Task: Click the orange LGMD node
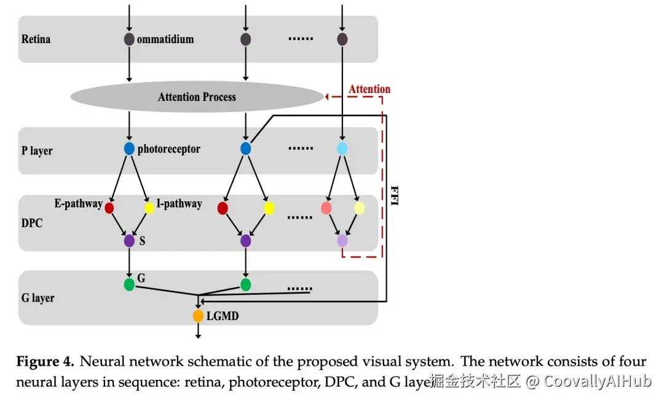tap(198, 316)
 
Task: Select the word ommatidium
tap(165, 39)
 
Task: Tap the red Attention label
tap(370, 89)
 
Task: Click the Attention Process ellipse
tap(197, 97)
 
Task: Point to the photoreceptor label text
tap(168, 149)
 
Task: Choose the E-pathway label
tap(78, 204)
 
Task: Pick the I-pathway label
tap(179, 204)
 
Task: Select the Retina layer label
tap(36, 39)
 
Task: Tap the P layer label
tap(38, 151)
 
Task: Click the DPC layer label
tap(33, 223)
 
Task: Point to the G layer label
tap(38, 298)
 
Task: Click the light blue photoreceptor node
tap(342, 148)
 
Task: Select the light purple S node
tap(342, 241)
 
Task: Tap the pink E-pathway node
tap(326, 208)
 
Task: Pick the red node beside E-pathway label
tap(109, 208)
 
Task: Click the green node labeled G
tap(129, 284)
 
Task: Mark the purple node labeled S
tap(129, 241)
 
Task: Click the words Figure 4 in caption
tap(45, 361)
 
